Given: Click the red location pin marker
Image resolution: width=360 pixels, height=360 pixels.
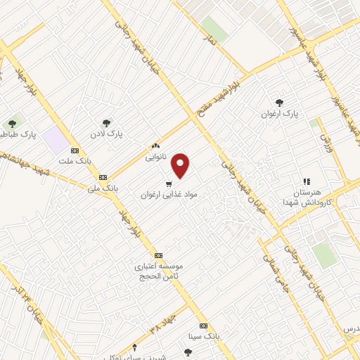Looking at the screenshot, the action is click(181, 165).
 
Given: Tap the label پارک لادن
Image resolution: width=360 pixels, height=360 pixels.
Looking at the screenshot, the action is click(110, 132).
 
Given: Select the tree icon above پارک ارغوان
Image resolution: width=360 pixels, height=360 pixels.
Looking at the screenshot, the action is click(280, 103).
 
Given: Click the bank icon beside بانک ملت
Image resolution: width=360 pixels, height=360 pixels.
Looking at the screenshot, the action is click(75, 150).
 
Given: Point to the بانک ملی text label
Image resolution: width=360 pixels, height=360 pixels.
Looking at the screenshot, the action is click(102, 188).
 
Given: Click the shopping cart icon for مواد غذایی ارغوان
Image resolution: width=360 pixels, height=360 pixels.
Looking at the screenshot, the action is click(167, 182).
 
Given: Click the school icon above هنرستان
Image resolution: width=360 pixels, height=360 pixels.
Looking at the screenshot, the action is click(306, 181).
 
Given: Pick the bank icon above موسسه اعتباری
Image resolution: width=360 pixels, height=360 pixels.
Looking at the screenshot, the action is click(158, 255).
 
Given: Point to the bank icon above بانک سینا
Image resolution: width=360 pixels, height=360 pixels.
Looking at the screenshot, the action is click(204, 326).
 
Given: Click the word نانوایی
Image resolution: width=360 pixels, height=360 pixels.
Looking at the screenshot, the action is click(155, 157).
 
